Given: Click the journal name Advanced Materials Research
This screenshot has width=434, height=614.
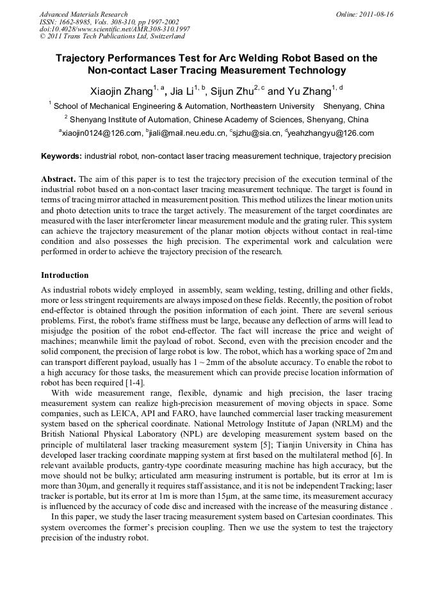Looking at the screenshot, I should pos(83,14).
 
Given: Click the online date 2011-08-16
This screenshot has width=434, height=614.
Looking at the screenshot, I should pos(372,14).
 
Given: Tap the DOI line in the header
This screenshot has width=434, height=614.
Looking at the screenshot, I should pos(115,29).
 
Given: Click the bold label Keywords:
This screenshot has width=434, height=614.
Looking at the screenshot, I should pos(61,156).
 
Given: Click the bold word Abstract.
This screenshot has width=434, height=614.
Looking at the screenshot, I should pos(59,180).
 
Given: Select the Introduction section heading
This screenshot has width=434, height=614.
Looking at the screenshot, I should pos(65,275).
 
